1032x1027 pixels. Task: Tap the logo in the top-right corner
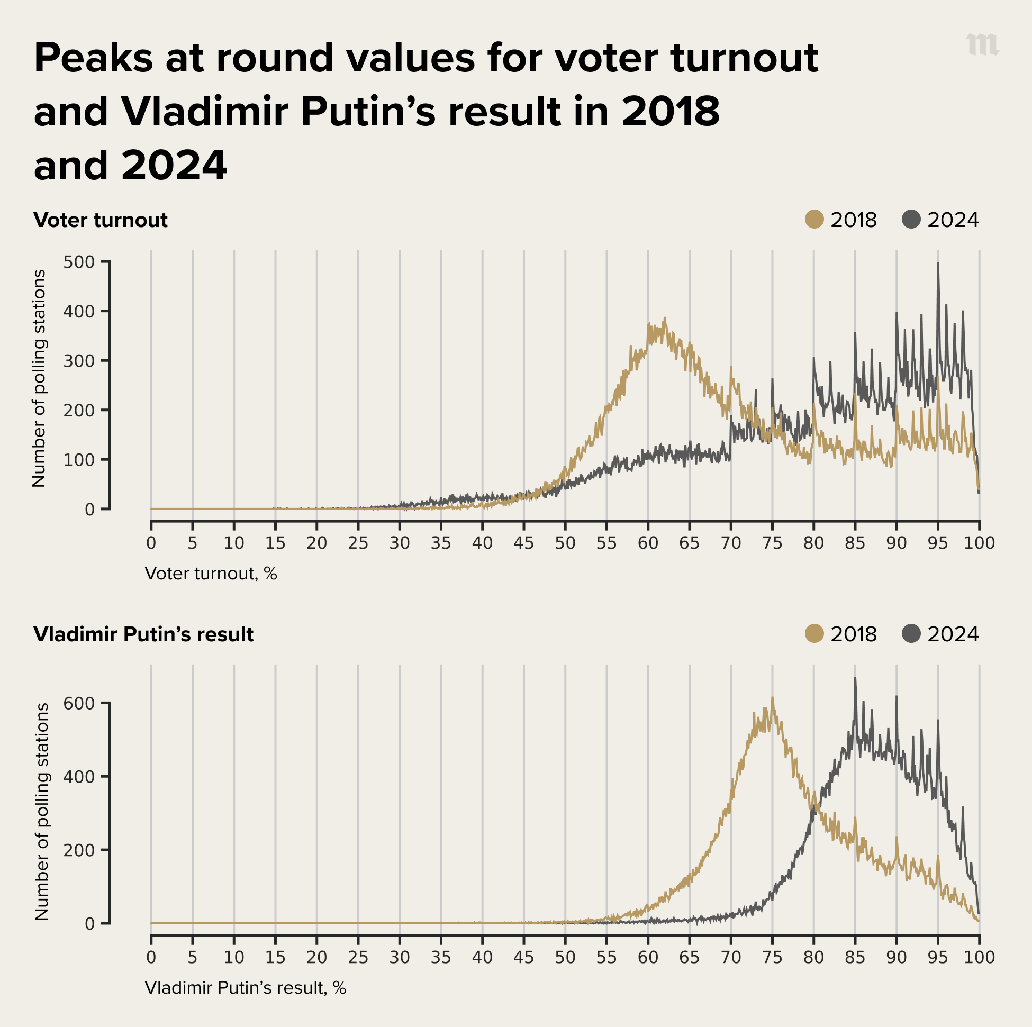[x=982, y=45]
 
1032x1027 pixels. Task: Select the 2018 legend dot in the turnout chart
[x=814, y=220]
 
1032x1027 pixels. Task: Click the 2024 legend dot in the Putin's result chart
[x=911, y=634]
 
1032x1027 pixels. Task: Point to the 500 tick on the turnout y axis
[x=78, y=262]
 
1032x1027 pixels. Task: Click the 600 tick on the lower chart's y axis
[x=78, y=703]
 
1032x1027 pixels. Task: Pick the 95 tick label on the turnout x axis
[x=937, y=543]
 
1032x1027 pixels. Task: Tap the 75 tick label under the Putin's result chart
[x=772, y=957]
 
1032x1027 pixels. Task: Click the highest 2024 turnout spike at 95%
[x=938, y=264]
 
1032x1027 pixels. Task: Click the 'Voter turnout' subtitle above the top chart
[x=101, y=220]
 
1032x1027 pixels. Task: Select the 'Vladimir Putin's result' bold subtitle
[x=143, y=634]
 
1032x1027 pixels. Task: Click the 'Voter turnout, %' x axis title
[x=211, y=574]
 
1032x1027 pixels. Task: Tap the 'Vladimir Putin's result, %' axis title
[x=245, y=988]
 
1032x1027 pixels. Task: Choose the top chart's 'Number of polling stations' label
[x=39, y=378]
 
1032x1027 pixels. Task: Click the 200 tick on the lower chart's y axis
[x=78, y=850]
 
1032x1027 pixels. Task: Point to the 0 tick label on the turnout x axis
[x=151, y=543]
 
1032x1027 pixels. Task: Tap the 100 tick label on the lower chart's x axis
[x=979, y=957]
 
